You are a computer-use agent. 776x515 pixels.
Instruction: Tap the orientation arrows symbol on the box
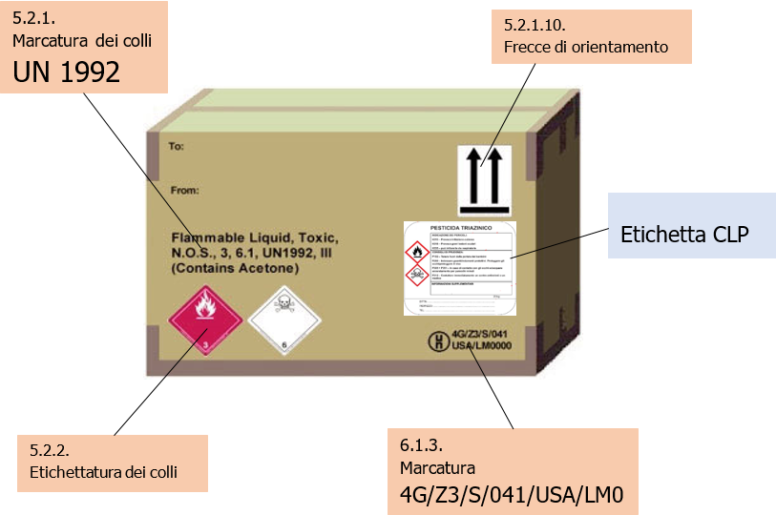tap(485, 179)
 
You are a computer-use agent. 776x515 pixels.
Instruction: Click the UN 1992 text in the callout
tap(67, 72)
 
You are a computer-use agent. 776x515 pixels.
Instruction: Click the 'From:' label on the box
tap(183, 190)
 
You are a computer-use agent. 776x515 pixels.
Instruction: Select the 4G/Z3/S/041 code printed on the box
tap(487, 334)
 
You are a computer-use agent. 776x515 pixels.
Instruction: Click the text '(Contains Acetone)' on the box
tap(235, 269)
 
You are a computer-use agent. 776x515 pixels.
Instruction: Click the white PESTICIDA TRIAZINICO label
tap(459, 267)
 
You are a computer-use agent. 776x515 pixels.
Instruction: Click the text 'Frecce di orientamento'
tap(585, 47)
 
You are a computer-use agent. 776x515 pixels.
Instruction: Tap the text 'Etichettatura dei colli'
tap(103, 471)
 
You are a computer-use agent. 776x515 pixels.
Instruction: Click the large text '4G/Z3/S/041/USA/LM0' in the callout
tap(511, 496)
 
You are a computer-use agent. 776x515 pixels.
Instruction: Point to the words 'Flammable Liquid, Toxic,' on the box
tap(254, 237)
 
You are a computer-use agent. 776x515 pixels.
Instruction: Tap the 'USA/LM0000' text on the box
tap(488, 346)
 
